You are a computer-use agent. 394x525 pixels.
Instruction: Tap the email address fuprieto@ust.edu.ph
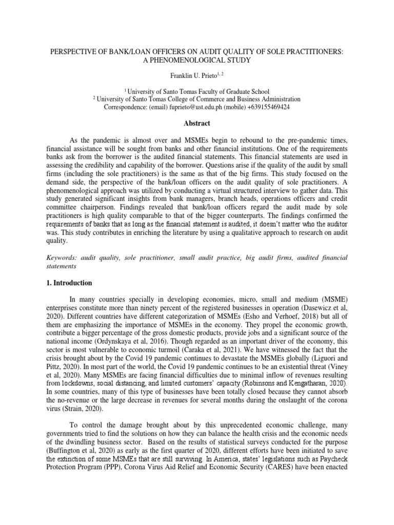pos(193,107)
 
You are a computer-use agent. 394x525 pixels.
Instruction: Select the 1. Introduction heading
pos(69,283)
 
